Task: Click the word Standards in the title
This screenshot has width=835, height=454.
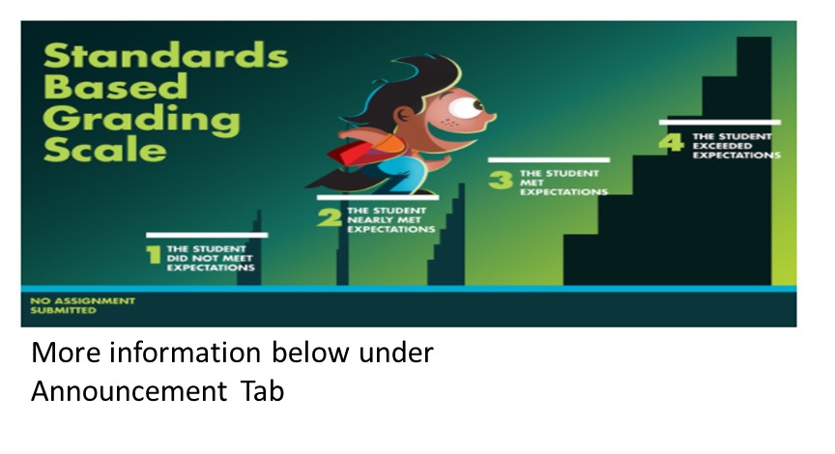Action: tap(165, 56)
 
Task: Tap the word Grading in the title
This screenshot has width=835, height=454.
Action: tap(142, 120)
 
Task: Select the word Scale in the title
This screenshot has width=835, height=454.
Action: tap(105, 149)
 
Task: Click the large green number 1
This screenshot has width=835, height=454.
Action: tap(154, 254)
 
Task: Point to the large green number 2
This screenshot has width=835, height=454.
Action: tap(330, 217)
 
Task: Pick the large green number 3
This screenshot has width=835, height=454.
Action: tap(501, 180)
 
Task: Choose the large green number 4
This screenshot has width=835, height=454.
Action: tap(671, 142)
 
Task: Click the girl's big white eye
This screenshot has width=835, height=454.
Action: tap(466, 108)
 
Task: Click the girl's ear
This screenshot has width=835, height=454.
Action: tap(404, 114)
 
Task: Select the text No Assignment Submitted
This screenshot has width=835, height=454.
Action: tap(82, 305)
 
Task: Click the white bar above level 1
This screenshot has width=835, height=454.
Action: tap(207, 236)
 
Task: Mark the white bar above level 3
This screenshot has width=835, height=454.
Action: tap(549, 159)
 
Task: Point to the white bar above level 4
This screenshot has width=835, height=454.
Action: tap(720, 123)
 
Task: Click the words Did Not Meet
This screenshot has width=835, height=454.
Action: tap(210, 258)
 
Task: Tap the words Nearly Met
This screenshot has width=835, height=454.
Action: tap(384, 220)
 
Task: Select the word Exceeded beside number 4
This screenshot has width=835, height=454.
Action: tap(722, 146)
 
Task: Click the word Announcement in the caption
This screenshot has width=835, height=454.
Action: tap(130, 391)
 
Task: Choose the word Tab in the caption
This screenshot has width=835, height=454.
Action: tap(262, 391)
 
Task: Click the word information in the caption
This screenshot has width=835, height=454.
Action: tap(185, 353)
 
